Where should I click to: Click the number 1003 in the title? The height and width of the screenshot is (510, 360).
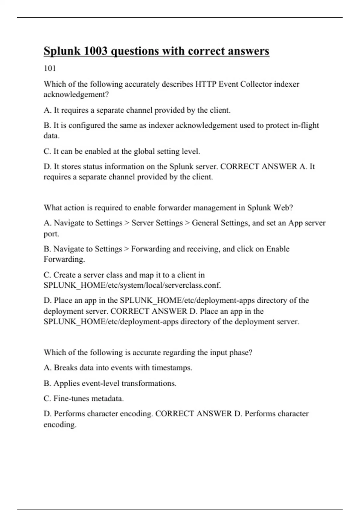pos(94,51)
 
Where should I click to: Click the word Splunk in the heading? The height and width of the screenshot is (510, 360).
pos(62,51)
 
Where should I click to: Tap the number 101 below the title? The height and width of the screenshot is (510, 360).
pos(50,68)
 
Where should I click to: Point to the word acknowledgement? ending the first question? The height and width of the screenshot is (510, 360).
pos(76,94)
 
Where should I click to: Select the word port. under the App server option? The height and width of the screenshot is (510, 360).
pos(51,234)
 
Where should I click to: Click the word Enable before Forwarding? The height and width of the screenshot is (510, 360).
pos(278,249)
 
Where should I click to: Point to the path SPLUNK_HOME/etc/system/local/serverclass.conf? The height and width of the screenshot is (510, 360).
pos(132,285)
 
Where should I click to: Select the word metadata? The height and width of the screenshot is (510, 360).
pos(107,398)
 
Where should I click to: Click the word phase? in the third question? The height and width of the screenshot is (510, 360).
pos(240,352)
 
